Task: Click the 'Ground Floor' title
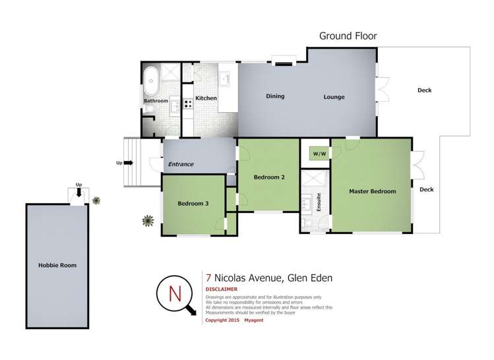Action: coord(348,36)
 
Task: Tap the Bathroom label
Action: coord(156,101)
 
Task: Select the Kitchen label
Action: coord(206,98)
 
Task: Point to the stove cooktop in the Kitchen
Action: coord(188,103)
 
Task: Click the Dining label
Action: coord(275,96)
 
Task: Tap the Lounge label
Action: coord(334,97)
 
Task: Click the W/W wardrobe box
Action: coord(320,153)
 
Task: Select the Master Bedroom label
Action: coord(373,191)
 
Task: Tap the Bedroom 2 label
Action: coord(268,177)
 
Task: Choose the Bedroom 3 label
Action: coord(193,204)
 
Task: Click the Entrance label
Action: coord(181,164)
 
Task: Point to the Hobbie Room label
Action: coord(57,265)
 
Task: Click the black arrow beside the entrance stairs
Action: coord(128,162)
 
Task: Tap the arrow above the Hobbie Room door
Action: coord(79,193)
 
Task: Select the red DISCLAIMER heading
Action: coord(221,289)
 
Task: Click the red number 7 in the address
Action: coord(208,278)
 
